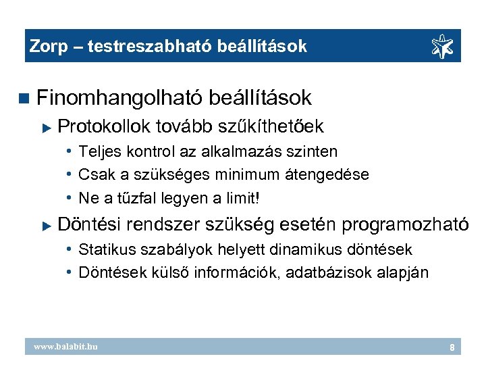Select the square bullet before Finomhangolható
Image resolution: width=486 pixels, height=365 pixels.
25,99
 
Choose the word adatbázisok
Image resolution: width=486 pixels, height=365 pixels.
329,273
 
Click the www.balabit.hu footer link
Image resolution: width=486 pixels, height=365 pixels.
66,347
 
